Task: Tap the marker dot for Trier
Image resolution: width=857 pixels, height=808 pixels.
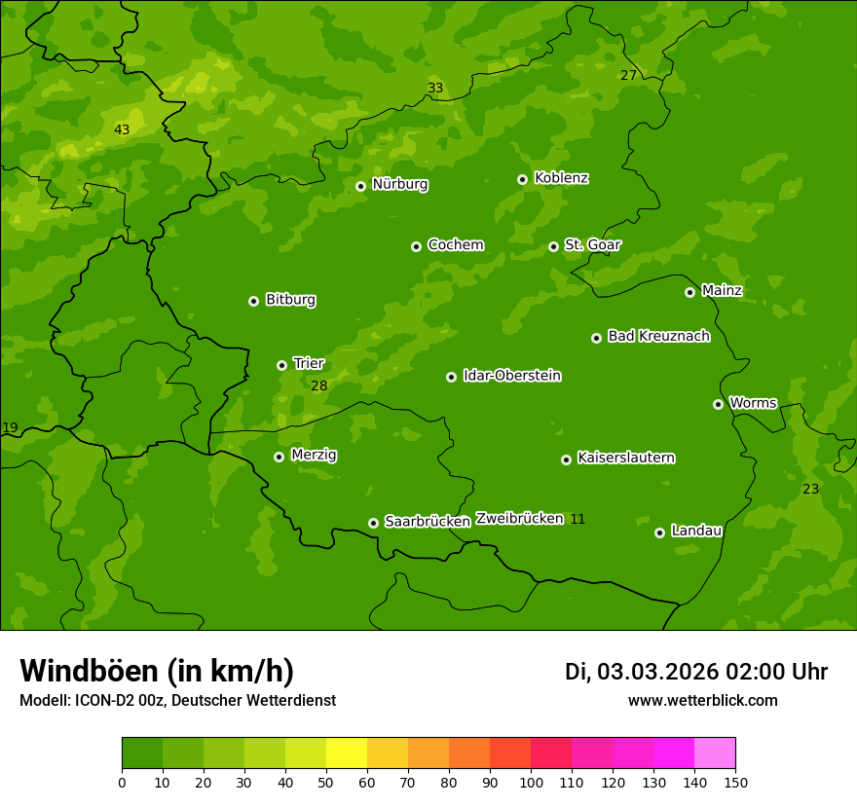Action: tap(281, 365)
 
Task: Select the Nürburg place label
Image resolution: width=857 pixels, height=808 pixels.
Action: tap(399, 184)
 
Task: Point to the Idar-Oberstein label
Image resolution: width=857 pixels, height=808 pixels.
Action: tap(511, 376)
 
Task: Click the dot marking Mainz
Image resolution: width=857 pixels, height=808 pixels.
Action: tap(689, 292)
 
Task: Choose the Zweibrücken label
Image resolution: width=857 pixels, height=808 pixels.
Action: tap(519, 518)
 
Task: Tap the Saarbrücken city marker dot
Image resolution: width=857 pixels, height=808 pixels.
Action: tap(373, 523)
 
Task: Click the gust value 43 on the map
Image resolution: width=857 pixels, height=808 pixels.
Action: tap(122, 129)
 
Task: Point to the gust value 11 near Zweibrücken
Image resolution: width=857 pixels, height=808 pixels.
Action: tap(578, 519)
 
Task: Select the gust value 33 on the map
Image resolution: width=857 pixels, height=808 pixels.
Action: tap(435, 89)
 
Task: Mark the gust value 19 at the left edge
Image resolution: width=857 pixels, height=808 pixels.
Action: tap(10, 427)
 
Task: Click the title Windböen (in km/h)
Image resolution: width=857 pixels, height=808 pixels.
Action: tap(157, 671)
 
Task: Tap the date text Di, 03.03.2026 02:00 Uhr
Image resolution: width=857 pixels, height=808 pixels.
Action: tap(695, 672)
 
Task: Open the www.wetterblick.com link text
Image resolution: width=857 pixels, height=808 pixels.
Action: tap(702, 700)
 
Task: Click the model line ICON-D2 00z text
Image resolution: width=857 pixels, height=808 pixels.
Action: tap(177, 700)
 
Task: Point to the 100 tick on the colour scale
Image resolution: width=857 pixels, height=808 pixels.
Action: tap(531, 781)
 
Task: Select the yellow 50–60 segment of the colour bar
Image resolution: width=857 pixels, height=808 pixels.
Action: tap(347, 753)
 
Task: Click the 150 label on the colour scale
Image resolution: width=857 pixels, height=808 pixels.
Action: tap(734, 781)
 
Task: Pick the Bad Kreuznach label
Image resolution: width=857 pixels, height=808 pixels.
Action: tap(658, 336)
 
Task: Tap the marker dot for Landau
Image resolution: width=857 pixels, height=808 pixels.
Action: tap(659, 533)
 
